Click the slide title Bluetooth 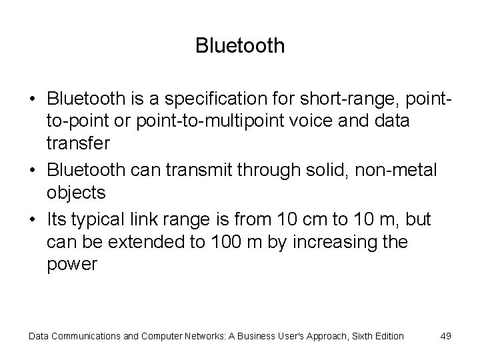click(x=240, y=45)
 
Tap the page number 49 click(x=445, y=336)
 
